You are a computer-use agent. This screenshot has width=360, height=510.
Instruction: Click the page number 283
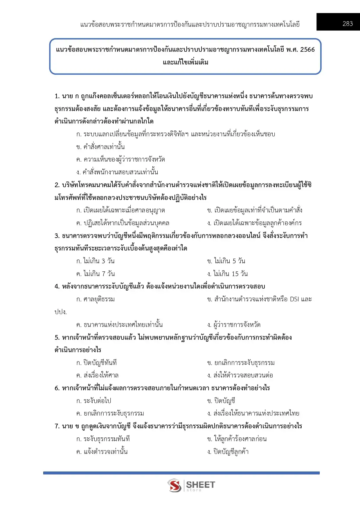(348, 24)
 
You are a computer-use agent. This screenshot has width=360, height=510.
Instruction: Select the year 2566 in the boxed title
(307, 49)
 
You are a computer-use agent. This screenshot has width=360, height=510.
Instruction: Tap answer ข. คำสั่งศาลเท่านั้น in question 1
(100, 147)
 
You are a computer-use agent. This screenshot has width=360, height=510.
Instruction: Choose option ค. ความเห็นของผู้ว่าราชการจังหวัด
(120, 160)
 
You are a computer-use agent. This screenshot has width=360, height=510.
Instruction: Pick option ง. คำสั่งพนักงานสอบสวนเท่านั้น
(117, 172)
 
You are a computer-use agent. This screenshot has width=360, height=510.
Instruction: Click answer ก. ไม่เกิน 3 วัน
(96, 261)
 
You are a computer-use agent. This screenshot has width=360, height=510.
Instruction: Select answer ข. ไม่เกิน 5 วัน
(226, 261)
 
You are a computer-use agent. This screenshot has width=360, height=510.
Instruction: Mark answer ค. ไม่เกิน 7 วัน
(96, 274)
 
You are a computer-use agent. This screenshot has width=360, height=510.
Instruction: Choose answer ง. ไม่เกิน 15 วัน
(227, 274)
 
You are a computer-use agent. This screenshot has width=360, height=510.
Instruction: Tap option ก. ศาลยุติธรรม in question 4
(96, 299)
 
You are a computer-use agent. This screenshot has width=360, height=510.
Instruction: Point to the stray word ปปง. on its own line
(61, 312)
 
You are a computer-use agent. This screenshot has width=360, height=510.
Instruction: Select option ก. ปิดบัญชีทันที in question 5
(96, 363)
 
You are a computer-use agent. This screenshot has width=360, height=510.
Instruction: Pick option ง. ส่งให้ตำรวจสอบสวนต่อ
(240, 375)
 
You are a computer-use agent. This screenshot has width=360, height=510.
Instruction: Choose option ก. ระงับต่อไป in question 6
(94, 401)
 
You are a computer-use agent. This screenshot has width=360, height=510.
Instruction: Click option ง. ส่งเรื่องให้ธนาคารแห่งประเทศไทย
(253, 413)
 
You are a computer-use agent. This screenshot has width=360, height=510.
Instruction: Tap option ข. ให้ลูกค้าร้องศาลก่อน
(237, 439)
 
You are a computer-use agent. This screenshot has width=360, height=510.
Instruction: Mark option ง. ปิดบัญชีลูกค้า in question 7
(228, 452)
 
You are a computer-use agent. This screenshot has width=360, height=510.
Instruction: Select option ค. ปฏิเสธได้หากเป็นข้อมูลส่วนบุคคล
(123, 223)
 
